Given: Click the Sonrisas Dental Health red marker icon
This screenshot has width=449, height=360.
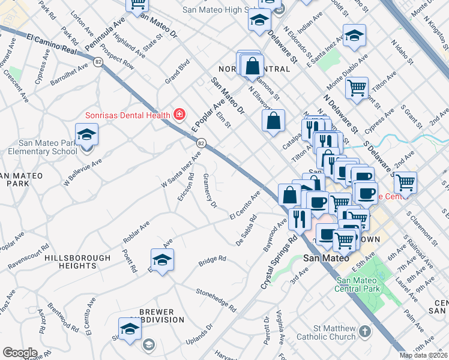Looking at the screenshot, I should pos(178,113).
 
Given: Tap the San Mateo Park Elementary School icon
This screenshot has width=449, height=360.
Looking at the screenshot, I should pos(86,135).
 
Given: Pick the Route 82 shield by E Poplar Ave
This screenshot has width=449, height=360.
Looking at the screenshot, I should pos(201,143).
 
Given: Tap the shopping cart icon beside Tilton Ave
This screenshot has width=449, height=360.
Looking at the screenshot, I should pos(357,88).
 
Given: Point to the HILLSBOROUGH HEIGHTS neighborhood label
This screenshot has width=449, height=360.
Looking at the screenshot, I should pos(78,262).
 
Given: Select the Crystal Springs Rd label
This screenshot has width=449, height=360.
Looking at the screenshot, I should pos(279,263).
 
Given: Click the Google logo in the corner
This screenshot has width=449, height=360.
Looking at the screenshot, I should pos(20,352).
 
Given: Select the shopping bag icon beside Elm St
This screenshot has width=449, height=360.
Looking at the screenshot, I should pos(273,120).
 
